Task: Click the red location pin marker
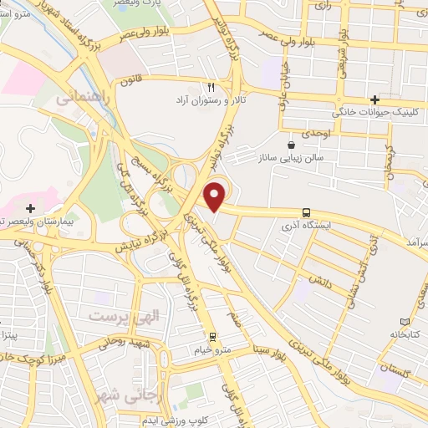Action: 216,195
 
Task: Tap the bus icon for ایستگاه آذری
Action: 308,213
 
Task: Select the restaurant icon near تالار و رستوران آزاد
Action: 211,87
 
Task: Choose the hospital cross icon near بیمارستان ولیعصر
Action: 31,207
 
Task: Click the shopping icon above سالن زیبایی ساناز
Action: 291,144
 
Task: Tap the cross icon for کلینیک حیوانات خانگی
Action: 385,99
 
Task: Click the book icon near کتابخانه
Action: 405,322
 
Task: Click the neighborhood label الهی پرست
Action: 114,317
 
